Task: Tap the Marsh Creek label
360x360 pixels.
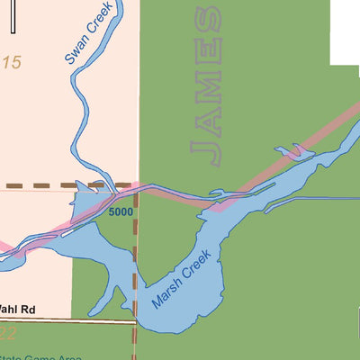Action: tap(180, 281)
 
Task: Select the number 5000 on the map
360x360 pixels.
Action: tap(120, 211)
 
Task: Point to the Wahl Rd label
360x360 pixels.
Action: tap(17, 310)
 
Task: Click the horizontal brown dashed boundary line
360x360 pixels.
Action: tap(54, 186)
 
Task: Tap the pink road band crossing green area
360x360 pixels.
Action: tap(270, 167)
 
